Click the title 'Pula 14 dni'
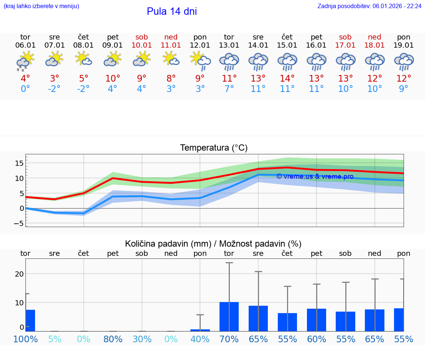[x=172, y=11]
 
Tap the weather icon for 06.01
[x=25, y=61]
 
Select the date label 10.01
[x=142, y=45]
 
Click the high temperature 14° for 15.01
[x=287, y=79]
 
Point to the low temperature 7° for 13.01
[x=229, y=89]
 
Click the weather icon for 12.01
[x=200, y=60]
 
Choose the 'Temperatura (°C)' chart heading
[x=214, y=148]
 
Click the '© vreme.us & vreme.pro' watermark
[x=315, y=176]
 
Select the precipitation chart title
[x=213, y=244]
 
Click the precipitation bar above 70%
[x=229, y=316]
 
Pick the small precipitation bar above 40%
[x=200, y=330]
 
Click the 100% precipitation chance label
[x=25, y=339]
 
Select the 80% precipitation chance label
[x=113, y=339]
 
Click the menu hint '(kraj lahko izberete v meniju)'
[x=41, y=6]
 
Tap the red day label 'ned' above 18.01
[x=374, y=37]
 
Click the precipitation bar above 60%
[x=316, y=320]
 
